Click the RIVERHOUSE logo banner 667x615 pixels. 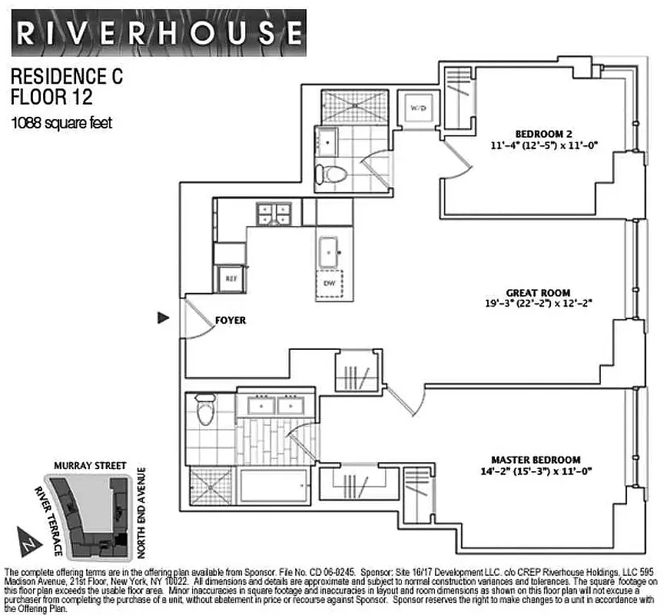[x=159, y=32]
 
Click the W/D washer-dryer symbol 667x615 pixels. [x=417, y=108]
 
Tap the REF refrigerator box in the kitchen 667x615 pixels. [x=230, y=279]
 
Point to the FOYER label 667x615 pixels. [x=230, y=320]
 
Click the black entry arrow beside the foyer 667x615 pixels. [x=162, y=317]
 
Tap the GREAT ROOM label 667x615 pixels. [x=538, y=293]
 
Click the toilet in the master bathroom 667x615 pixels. [x=204, y=412]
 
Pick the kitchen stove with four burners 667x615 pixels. [x=274, y=213]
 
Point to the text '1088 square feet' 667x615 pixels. [x=61, y=122]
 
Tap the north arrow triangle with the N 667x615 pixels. [x=28, y=541]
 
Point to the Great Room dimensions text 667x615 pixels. [x=538, y=304]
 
